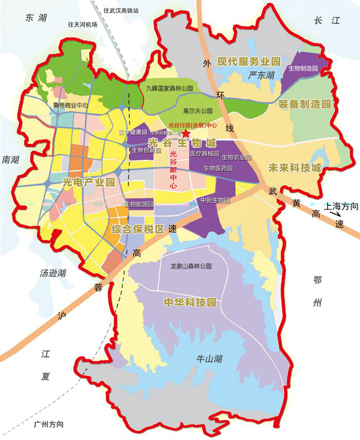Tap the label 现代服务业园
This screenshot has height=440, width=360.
[x=249, y=62]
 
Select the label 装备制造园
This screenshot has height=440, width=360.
[x=303, y=104]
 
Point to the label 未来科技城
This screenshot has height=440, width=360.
[x=295, y=168]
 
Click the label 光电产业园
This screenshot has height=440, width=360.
[x=88, y=181]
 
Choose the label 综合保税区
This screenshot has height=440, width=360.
[x=138, y=229]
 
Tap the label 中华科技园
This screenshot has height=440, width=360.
[x=189, y=302]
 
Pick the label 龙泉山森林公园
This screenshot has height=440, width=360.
[x=191, y=267]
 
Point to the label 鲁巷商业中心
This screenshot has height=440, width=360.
[x=71, y=106]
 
